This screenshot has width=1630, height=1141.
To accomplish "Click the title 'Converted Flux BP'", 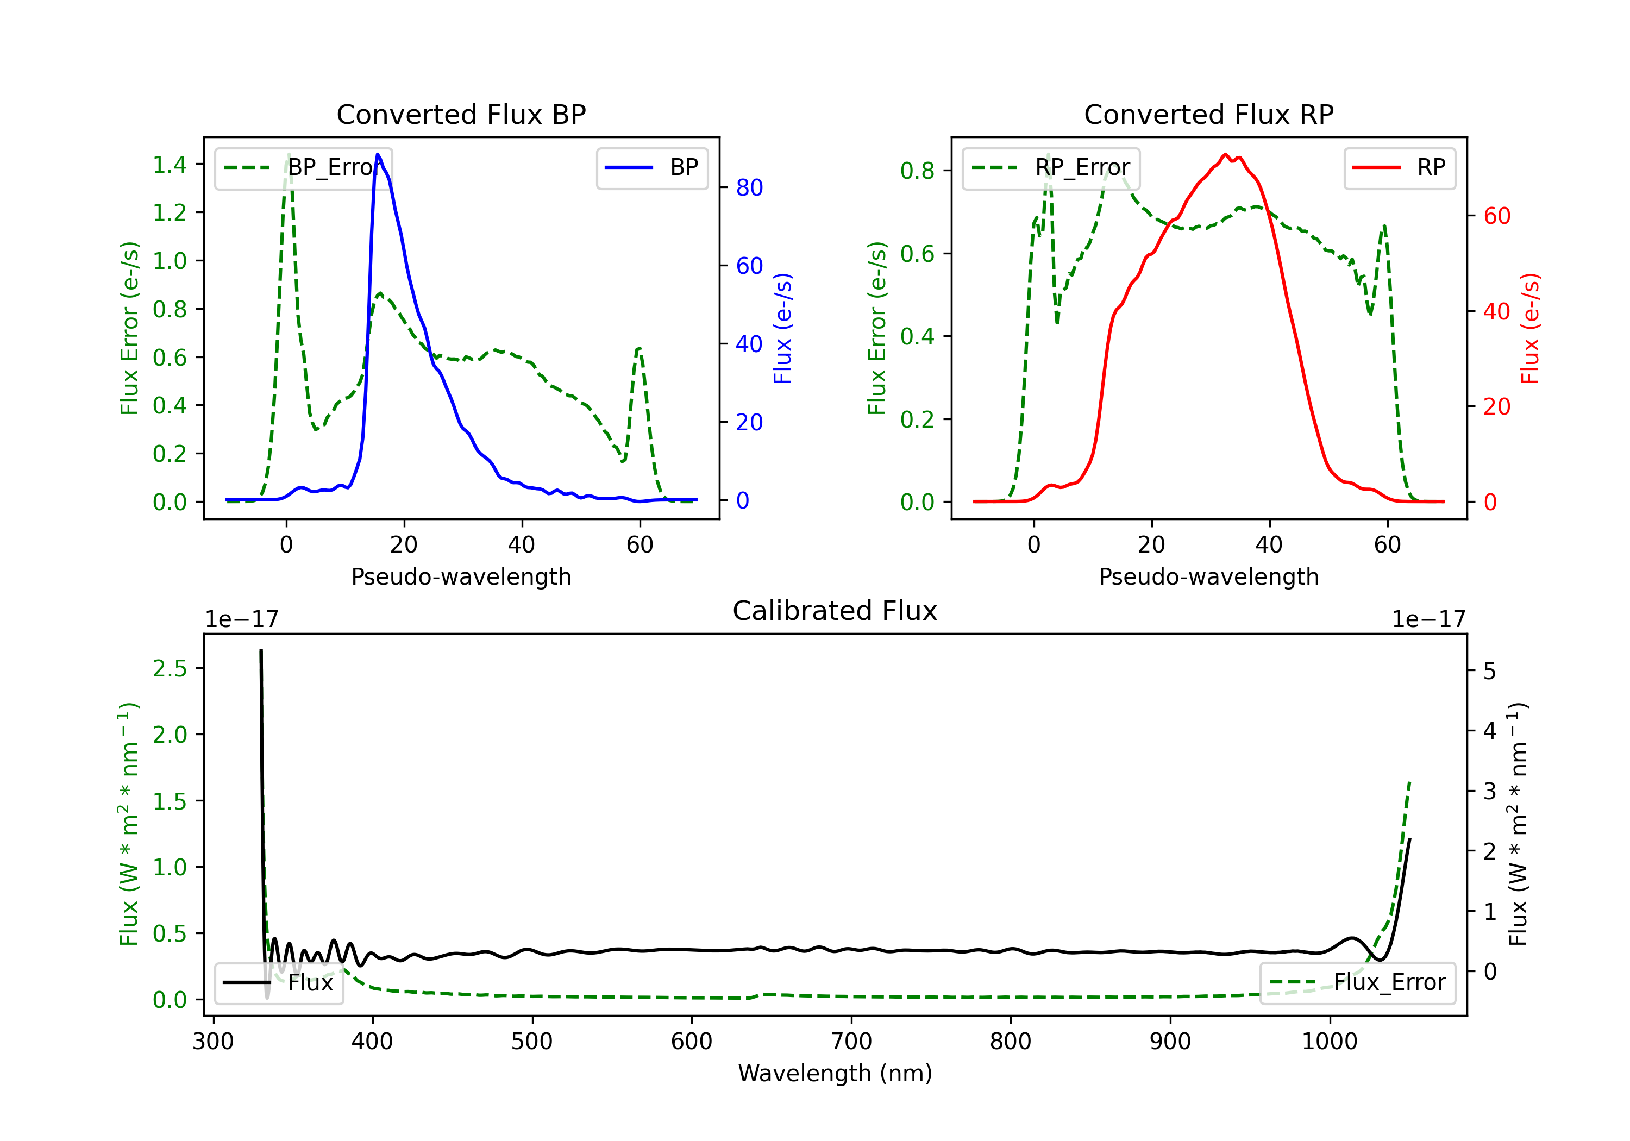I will click(x=461, y=114).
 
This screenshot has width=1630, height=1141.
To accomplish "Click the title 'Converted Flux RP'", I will click(x=1208, y=114).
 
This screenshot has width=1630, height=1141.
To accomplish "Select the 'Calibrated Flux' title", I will click(x=834, y=611).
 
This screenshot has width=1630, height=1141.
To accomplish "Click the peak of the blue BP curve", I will click(x=378, y=154).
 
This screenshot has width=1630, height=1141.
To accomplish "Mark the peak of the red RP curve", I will click(x=1225, y=155).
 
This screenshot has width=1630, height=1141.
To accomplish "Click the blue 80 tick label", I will click(x=749, y=187).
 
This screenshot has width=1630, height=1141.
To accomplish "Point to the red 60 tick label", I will click(x=1496, y=216).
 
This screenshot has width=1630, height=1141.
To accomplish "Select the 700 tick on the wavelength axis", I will click(x=851, y=1042).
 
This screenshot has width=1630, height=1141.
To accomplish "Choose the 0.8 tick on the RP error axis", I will click(x=917, y=171).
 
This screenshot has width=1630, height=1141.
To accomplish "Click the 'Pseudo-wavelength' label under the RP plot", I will click(x=1208, y=576).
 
